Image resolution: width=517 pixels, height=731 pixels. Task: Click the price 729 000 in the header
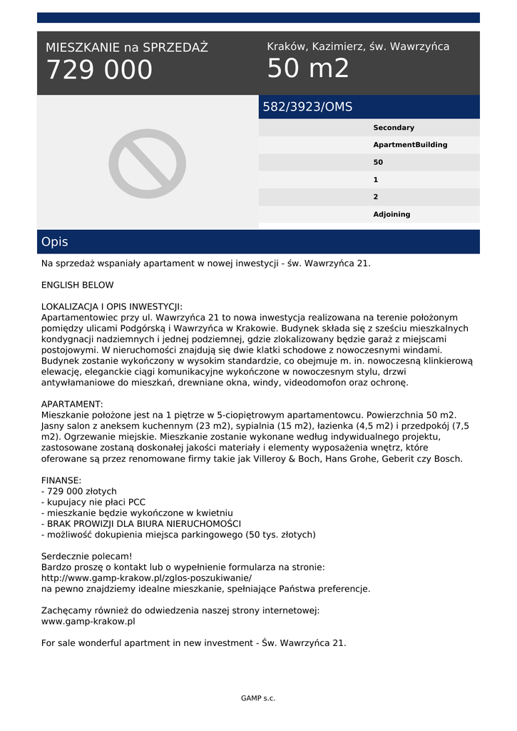[99, 70]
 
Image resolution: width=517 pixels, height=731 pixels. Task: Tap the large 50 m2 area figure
[308, 69]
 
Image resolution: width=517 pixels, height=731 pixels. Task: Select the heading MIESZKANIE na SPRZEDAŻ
[127, 48]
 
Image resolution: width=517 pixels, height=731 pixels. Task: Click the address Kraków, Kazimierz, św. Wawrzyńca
[358, 46]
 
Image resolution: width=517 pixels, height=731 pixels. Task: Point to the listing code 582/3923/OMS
[307, 107]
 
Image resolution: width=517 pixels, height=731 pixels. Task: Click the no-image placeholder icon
[148, 163]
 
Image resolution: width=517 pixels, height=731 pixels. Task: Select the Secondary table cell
[394, 128]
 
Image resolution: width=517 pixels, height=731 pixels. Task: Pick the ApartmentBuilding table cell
[410, 145]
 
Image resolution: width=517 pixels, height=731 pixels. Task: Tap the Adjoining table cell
[391, 214]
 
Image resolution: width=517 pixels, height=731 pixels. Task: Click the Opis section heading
[55, 242]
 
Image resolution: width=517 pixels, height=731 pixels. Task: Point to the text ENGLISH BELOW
[77, 285]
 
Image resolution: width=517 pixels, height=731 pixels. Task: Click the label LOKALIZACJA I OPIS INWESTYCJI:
[112, 306]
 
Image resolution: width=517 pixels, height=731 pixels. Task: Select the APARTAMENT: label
[72, 404]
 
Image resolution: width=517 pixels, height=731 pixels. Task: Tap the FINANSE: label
[61, 480]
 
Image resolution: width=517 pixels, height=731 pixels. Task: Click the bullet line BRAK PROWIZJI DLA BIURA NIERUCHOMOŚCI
[141, 523]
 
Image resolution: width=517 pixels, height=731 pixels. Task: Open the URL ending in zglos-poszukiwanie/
[146, 578]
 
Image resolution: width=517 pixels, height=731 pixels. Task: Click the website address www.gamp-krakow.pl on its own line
[88, 621]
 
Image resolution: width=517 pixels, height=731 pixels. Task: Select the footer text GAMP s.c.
[258, 698]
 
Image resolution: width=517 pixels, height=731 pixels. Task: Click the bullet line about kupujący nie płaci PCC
[93, 502]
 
